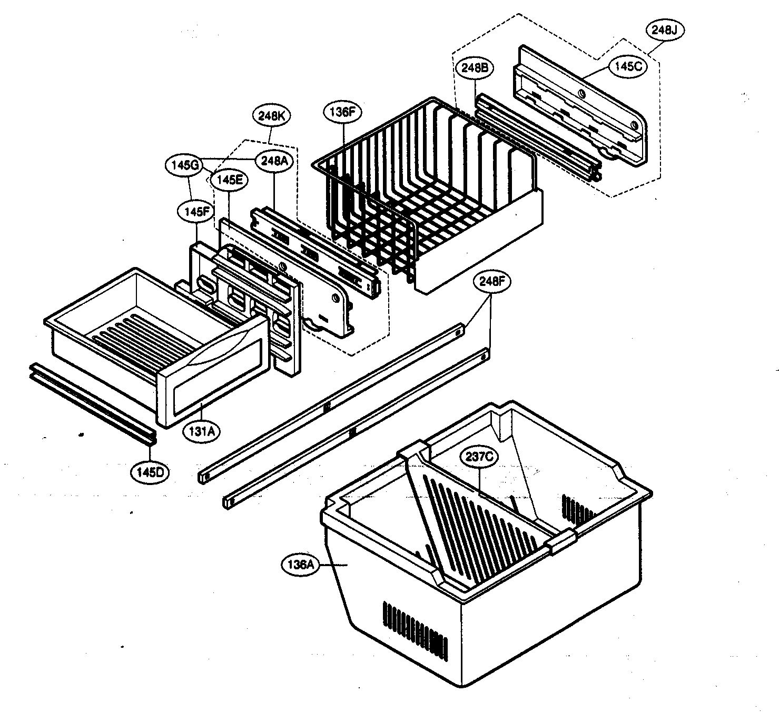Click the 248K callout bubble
[272, 116]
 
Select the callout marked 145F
[197, 212]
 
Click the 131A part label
[202, 431]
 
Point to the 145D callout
[150, 472]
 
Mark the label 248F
[491, 281]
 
